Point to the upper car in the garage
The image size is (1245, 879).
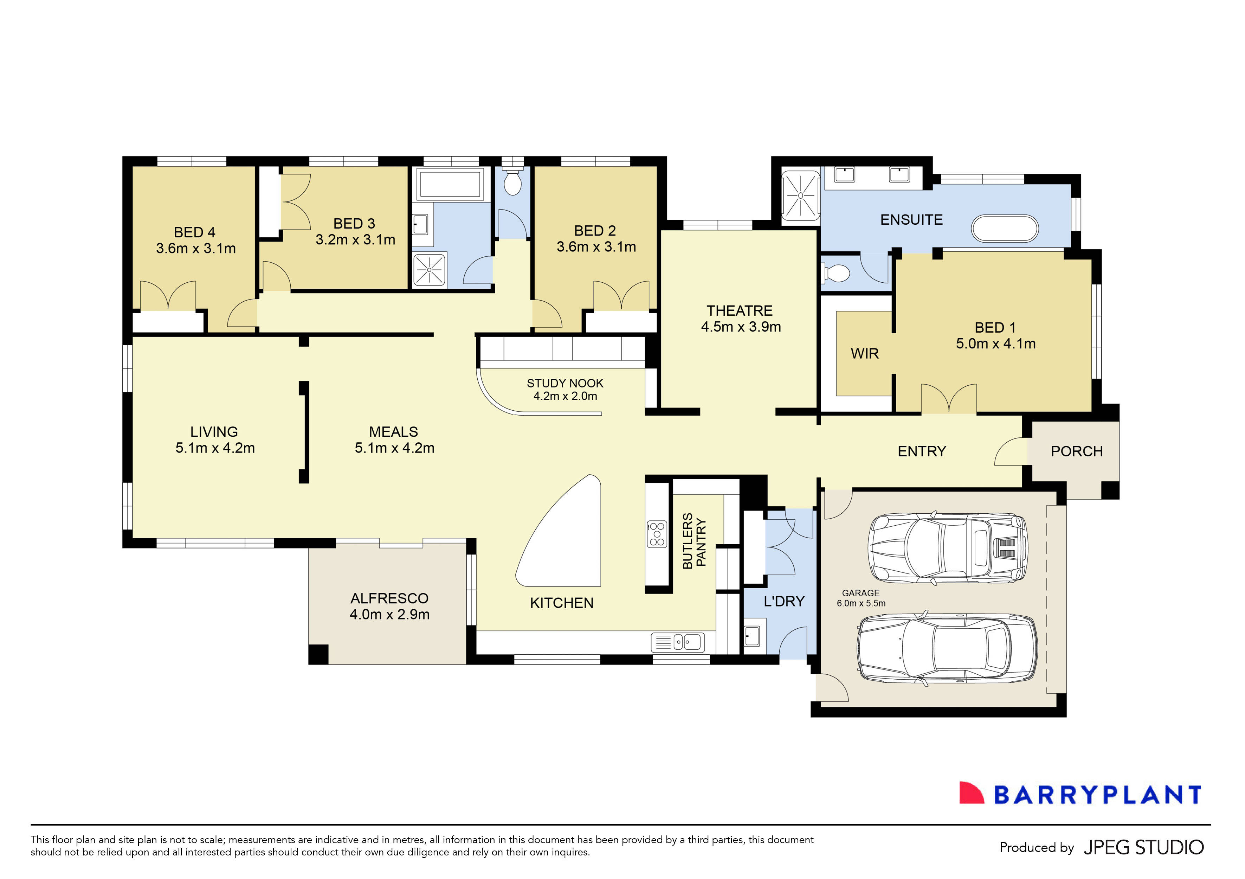948,548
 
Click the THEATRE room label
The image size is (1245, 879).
739,311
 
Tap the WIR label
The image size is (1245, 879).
864,354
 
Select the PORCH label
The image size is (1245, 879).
1076,451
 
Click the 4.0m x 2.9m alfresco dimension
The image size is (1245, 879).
389,614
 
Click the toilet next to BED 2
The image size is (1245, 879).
512,182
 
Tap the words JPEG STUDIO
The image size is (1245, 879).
1144,847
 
